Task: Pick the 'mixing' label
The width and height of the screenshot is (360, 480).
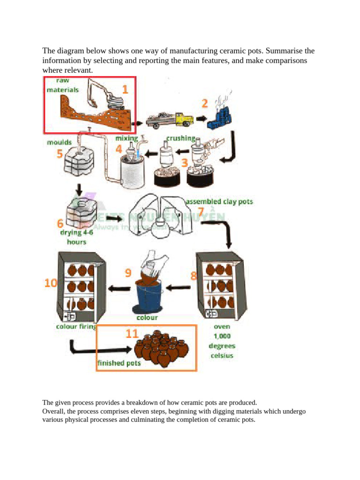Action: pos(127,138)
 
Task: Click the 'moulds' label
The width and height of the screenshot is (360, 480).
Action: pos(59,141)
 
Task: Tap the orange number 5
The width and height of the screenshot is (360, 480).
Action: pos(61,154)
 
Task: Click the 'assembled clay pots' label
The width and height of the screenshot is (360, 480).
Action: pos(219,202)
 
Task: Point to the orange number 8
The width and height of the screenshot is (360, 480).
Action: pos(193,276)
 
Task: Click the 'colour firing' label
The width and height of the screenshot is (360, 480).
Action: pos(76,327)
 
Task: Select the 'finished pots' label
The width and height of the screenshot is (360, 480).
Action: pos(119,363)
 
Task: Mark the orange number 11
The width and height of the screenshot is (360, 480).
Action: pos(132,334)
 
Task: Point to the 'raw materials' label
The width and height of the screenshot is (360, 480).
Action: pos(63,85)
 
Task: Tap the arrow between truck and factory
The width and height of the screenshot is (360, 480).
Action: pos(202,118)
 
